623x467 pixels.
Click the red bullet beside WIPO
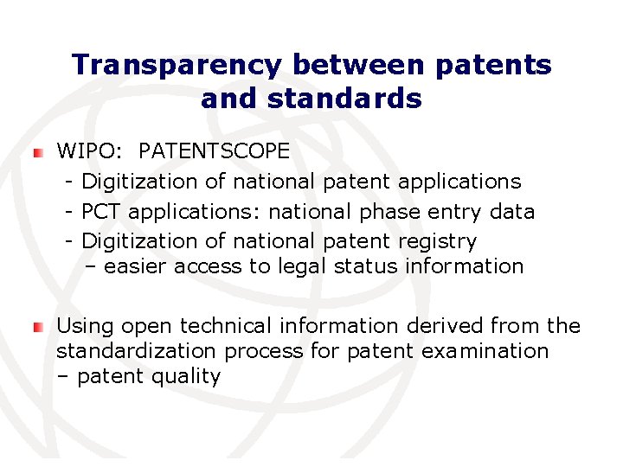pos(37,152)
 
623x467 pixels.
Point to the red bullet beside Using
pos(37,327)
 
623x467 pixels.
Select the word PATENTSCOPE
pos(214,151)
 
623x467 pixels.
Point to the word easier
pos(136,266)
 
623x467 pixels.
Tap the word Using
pos(86,326)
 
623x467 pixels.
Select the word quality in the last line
pos(189,377)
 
